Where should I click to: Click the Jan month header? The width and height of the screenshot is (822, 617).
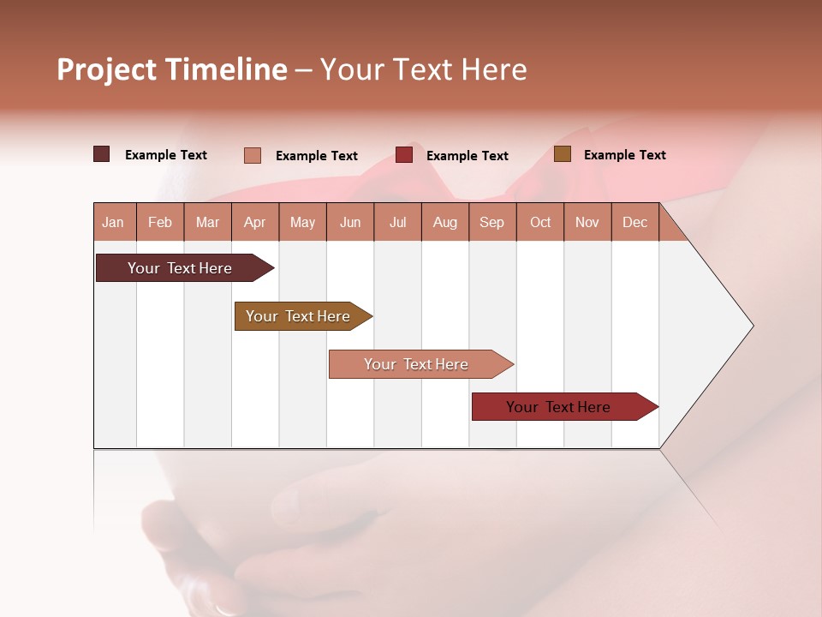[113, 222]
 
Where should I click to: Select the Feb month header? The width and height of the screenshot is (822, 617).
[160, 222]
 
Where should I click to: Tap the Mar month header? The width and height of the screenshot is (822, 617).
[207, 222]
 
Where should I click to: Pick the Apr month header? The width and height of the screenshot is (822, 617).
[255, 222]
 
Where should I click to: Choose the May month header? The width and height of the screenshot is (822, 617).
[302, 222]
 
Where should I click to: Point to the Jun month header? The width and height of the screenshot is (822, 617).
[350, 222]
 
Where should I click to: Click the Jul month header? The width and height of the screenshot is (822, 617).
[397, 222]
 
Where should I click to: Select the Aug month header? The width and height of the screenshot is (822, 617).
[444, 222]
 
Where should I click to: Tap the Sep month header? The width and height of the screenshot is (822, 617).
[491, 222]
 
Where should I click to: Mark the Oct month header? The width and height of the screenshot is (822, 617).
[540, 222]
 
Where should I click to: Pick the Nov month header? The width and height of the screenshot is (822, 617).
[587, 222]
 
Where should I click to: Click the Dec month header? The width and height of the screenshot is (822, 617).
[634, 222]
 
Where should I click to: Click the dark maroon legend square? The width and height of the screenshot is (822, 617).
[101, 154]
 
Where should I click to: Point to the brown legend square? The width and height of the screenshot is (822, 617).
[562, 154]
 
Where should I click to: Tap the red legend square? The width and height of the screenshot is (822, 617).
[404, 155]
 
